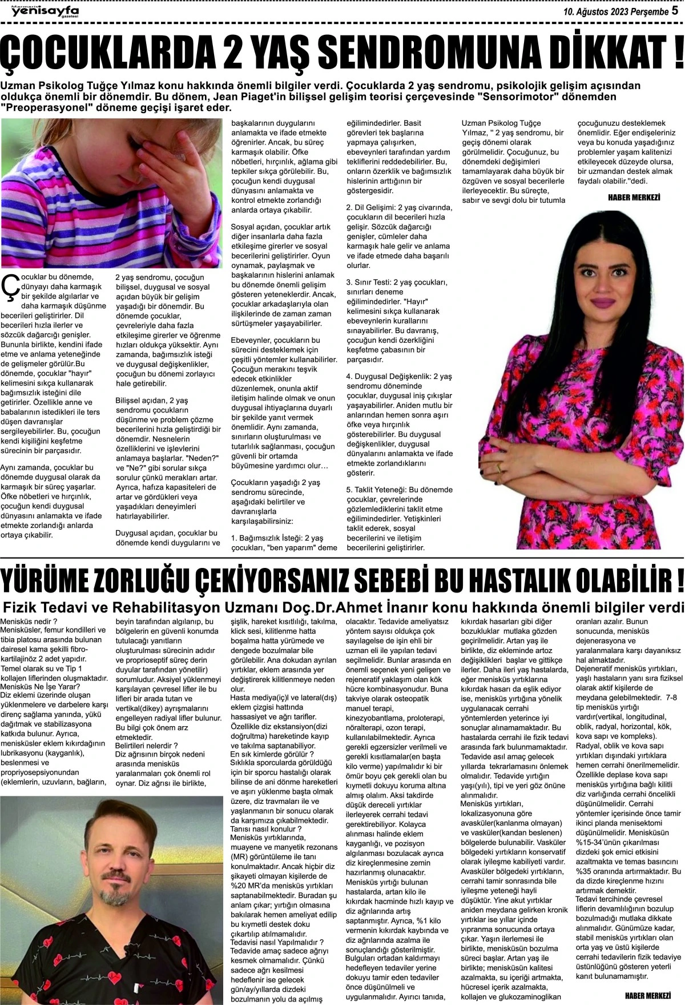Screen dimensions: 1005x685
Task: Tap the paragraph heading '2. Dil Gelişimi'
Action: point(374,207)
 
